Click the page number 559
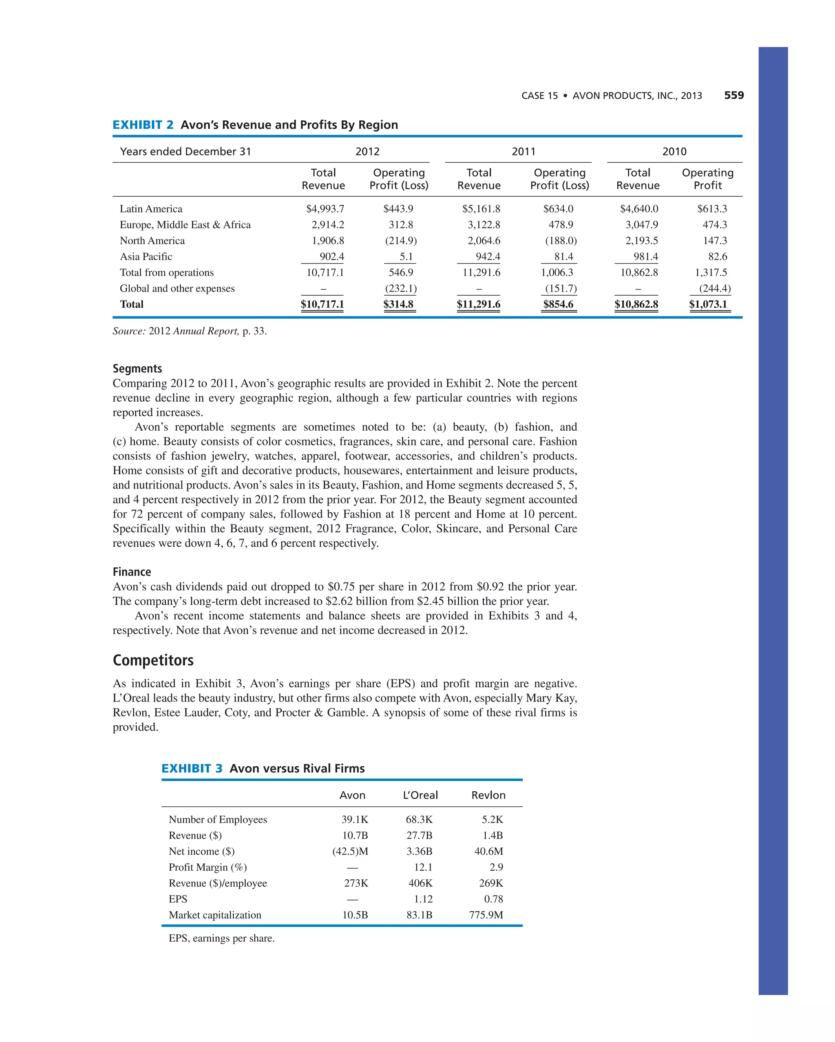[733, 95]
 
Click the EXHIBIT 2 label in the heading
[143, 125]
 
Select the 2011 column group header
[524, 151]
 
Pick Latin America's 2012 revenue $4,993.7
[325, 209]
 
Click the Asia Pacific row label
[146, 257]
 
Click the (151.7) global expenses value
[561, 288]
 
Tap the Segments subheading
[137, 368]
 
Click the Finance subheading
[131, 572]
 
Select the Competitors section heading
[153, 660]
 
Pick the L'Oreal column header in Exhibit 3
[420, 795]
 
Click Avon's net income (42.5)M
[350, 851]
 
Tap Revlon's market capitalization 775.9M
[486, 915]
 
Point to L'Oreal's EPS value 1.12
[423, 899]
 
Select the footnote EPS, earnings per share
[221, 938]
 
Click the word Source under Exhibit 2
[128, 331]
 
